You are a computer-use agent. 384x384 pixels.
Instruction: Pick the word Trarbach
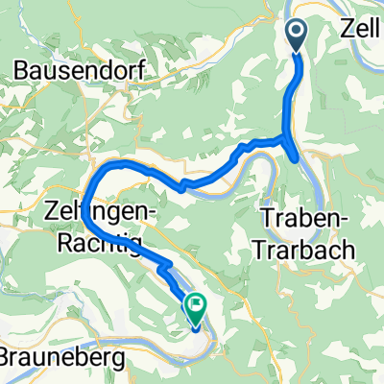pos(302,247)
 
